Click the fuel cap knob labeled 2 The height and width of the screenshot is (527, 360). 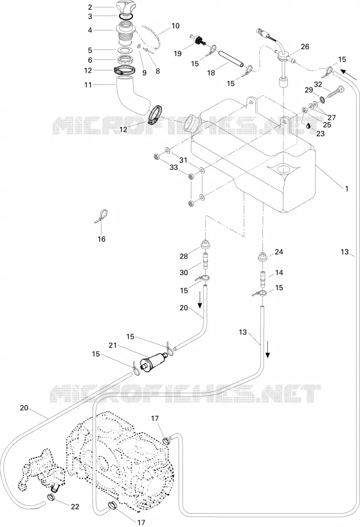[126, 7]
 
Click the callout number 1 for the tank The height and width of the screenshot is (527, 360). [347, 189]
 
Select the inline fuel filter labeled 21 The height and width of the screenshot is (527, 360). [154, 361]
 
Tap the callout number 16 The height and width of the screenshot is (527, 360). [101, 239]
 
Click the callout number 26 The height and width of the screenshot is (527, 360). [305, 47]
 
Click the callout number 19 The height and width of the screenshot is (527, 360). [178, 53]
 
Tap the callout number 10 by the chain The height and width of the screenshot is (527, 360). [175, 26]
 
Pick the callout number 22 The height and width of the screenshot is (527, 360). [75, 506]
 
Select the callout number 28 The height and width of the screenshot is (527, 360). [184, 256]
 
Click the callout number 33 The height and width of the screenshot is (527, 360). [174, 168]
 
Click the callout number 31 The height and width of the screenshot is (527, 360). [183, 161]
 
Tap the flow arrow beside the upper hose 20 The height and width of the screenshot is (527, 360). [200, 300]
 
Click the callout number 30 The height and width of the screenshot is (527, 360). [184, 272]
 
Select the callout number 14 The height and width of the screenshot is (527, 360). [279, 272]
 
